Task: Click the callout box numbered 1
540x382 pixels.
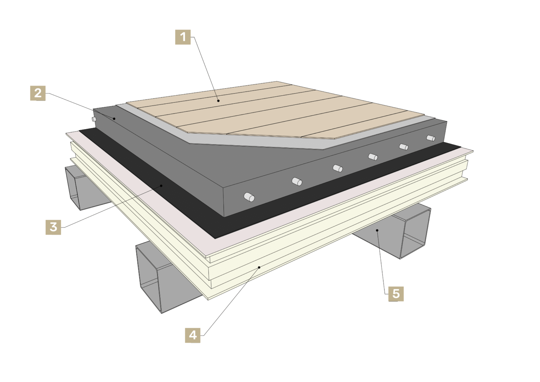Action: pyautogui.click(x=183, y=37)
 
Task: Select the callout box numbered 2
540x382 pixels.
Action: pyautogui.click(x=38, y=93)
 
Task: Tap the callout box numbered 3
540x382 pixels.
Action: pyautogui.click(x=53, y=227)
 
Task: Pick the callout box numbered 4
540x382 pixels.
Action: pyautogui.click(x=193, y=335)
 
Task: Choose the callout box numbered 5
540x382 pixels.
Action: pyautogui.click(x=396, y=294)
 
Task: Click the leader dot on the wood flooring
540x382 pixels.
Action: pyautogui.click(x=218, y=101)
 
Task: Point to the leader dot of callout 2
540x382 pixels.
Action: pyautogui.click(x=115, y=119)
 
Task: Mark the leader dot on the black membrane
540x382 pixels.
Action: pyautogui.click(x=161, y=185)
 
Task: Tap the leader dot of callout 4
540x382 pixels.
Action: pyautogui.click(x=259, y=267)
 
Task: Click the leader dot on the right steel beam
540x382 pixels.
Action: pyautogui.click(x=377, y=230)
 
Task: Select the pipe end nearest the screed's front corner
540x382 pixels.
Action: pyautogui.click(x=249, y=197)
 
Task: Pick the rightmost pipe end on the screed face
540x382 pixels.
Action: pyautogui.click(x=431, y=138)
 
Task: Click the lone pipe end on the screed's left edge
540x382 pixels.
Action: pyautogui.click(x=94, y=119)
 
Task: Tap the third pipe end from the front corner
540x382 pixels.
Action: pyautogui.click(x=338, y=168)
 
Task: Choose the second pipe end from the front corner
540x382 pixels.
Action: pyautogui.click(x=297, y=182)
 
